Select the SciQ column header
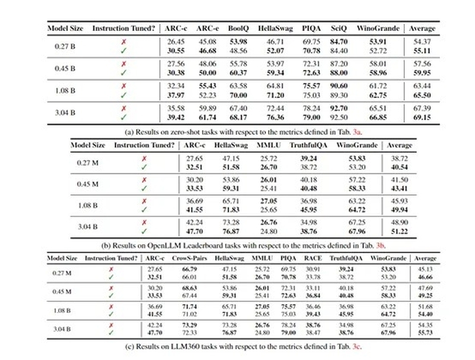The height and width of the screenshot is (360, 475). (340, 28)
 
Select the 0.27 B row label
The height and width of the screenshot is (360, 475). (64, 46)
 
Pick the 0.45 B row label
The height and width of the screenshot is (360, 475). (64, 68)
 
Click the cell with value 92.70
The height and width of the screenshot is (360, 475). (340, 107)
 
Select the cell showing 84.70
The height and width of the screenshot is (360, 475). (340, 42)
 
